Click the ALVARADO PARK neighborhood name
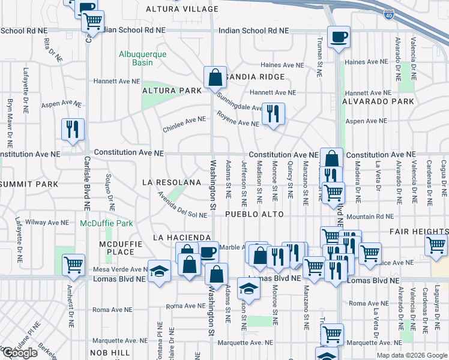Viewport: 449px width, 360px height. (x=378, y=102)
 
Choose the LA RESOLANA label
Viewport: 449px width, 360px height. (x=171, y=182)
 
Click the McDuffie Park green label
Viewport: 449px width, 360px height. (x=107, y=223)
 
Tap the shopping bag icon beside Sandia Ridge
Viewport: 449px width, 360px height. (x=215, y=77)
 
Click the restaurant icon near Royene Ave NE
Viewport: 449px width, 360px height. (x=273, y=113)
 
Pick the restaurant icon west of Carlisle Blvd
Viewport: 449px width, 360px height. (x=73, y=128)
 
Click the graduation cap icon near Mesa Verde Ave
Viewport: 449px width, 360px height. (x=160, y=271)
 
